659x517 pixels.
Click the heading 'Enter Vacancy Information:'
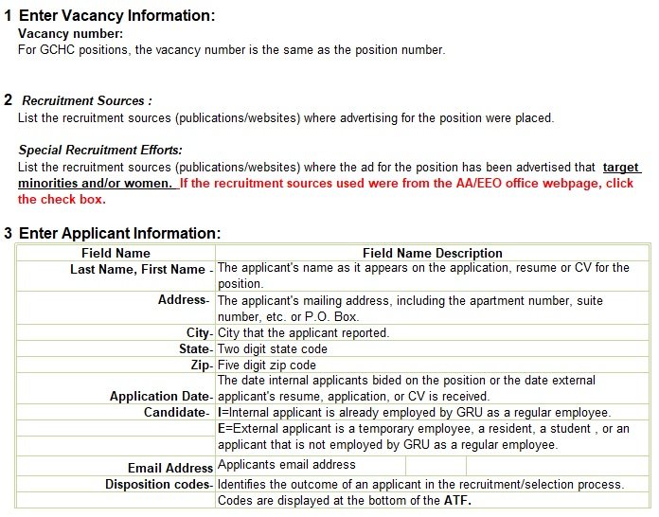click(116, 15)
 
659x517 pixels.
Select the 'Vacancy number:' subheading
click(70, 33)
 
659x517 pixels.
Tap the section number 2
click(9, 99)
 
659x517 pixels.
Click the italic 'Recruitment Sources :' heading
click(87, 100)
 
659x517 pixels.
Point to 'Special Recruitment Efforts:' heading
click(100, 150)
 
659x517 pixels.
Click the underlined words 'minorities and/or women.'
click(97, 183)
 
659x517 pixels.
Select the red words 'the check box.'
click(62, 199)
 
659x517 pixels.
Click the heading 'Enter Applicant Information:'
click(119, 233)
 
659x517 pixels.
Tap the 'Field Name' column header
click(116, 253)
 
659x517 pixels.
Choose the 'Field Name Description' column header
click(432, 253)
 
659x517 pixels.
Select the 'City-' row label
click(200, 333)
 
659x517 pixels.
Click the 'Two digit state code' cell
click(273, 348)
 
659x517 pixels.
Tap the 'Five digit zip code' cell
click(267, 365)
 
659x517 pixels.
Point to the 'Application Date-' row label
click(162, 397)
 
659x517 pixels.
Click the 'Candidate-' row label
click(178, 412)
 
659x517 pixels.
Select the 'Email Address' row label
click(170, 468)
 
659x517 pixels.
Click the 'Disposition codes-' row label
click(158, 484)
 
